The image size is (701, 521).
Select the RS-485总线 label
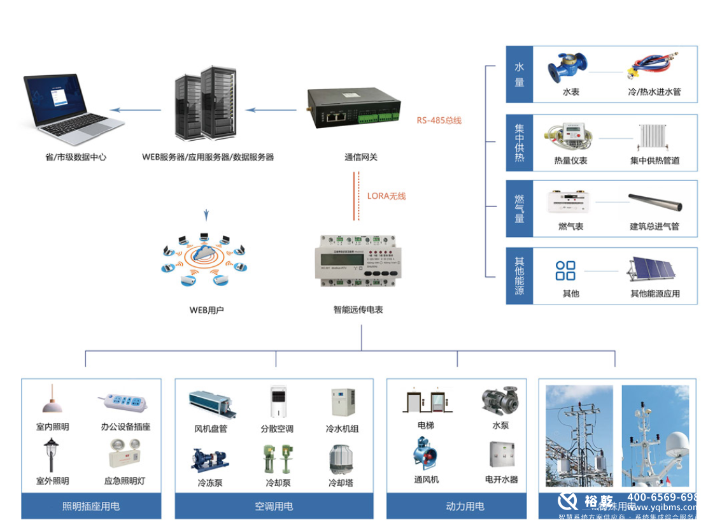(x=439, y=120)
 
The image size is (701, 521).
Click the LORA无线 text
(x=386, y=196)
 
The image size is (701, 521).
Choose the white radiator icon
(x=655, y=136)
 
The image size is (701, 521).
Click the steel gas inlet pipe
(x=655, y=202)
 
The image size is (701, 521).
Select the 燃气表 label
(x=570, y=226)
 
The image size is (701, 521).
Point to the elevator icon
(x=426, y=400)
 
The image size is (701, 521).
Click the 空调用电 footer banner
(x=274, y=506)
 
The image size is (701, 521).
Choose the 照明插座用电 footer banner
(x=91, y=506)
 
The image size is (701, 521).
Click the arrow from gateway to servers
(x=271, y=110)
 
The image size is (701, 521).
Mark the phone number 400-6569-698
(x=663, y=497)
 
